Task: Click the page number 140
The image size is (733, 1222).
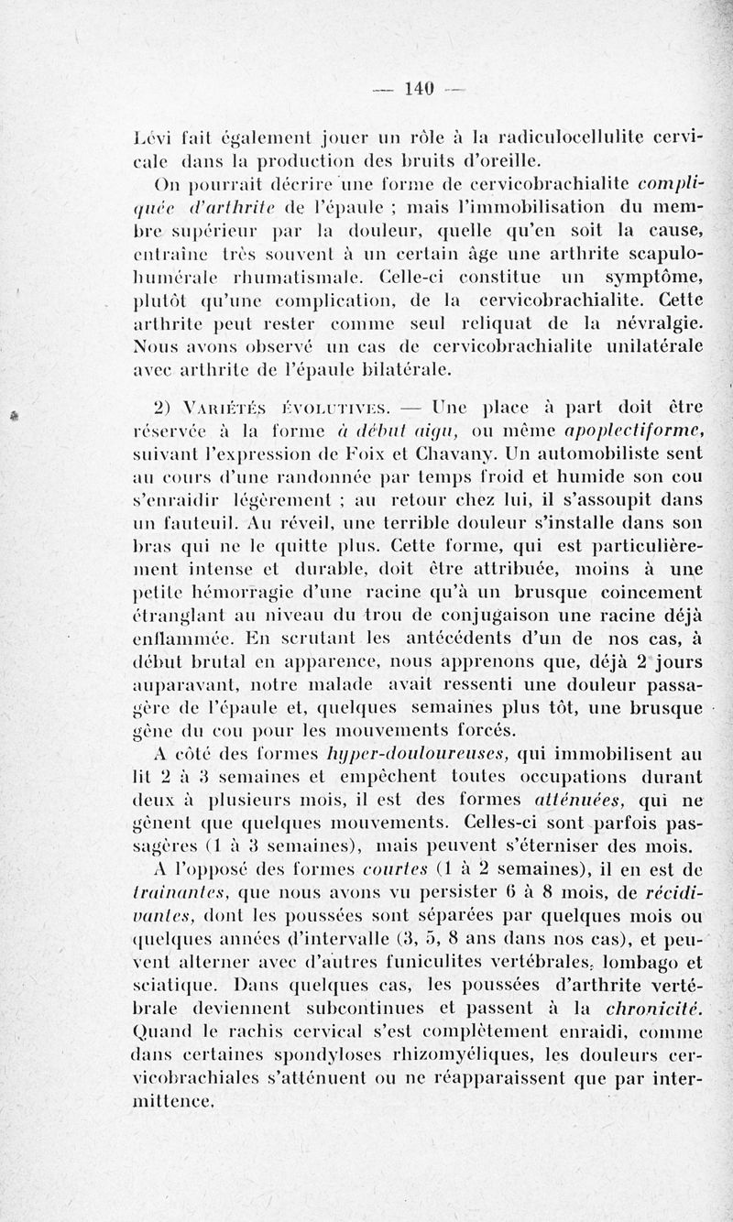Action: pyautogui.click(x=418, y=89)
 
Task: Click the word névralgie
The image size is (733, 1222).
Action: pyautogui.click(x=652, y=322)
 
